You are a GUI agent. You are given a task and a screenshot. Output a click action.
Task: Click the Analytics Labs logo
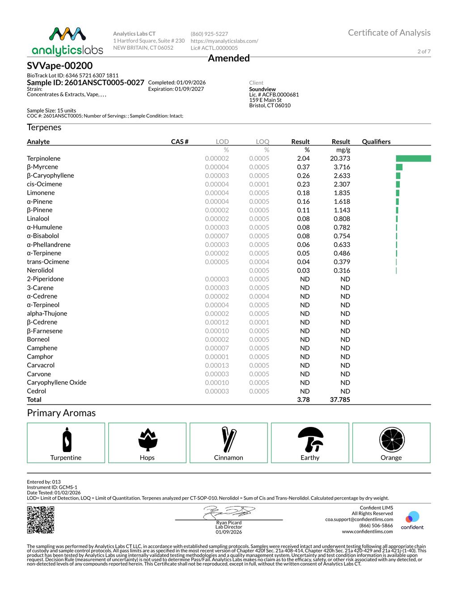[x=67, y=41]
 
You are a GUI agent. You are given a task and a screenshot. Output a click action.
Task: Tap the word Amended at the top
[x=229, y=58]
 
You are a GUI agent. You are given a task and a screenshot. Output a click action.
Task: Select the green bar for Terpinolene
[x=413, y=158]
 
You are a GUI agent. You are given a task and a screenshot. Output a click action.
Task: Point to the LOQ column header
[x=263, y=141]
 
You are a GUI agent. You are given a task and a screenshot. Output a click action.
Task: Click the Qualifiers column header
[x=376, y=141]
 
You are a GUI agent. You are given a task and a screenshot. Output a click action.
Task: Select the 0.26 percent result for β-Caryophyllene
[x=303, y=175]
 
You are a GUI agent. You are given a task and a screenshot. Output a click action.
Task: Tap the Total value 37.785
[x=340, y=400]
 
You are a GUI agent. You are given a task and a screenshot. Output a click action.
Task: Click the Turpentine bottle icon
[x=67, y=440]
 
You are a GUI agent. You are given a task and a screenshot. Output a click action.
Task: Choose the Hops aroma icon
[x=147, y=439]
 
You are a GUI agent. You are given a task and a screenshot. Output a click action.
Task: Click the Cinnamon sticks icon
[x=229, y=439]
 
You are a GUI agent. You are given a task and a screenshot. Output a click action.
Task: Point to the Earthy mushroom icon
[x=310, y=439]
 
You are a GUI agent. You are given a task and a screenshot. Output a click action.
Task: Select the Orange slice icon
[x=392, y=439]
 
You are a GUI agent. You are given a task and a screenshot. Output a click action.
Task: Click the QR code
[x=41, y=520]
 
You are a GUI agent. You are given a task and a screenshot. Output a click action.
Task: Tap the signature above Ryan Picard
[x=229, y=512]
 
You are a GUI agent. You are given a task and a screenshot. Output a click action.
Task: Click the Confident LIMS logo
[x=412, y=520]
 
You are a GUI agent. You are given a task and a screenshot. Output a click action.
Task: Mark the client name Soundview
[x=263, y=89]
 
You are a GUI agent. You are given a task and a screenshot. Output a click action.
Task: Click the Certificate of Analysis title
[x=389, y=33]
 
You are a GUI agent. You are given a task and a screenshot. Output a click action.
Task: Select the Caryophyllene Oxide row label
[x=56, y=383]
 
